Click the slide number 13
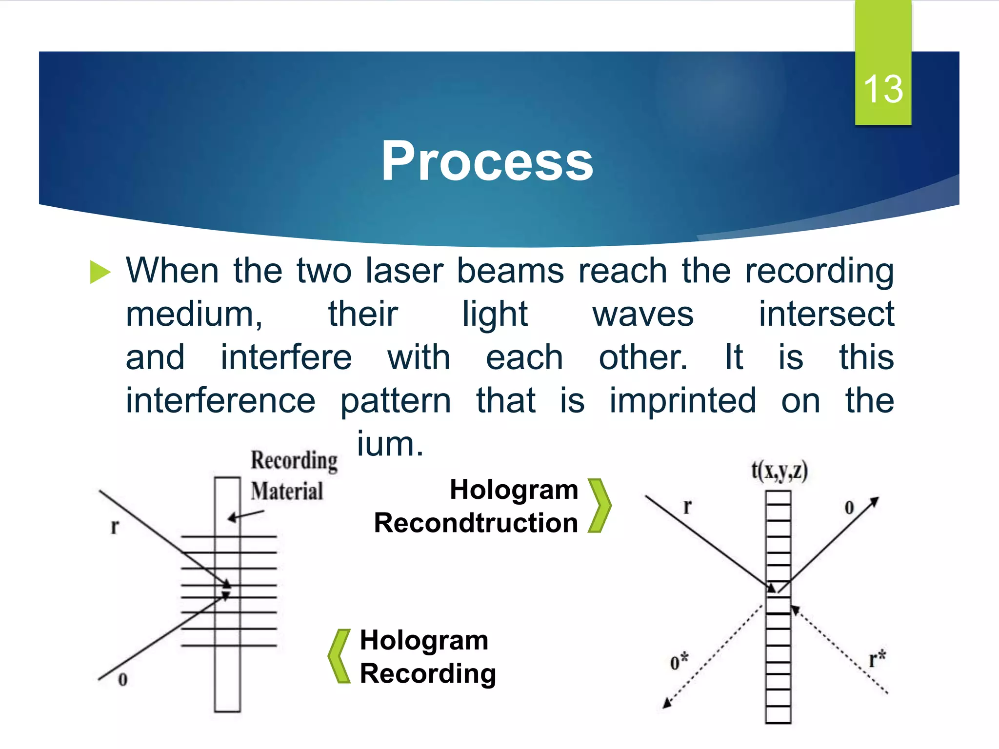(x=883, y=89)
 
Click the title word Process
(x=487, y=161)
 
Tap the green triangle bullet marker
(x=100, y=272)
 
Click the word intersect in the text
(x=826, y=314)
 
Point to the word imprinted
(x=683, y=400)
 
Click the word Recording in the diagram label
(x=294, y=460)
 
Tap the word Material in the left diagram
(x=287, y=491)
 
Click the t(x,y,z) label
(x=779, y=471)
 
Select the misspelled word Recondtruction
(x=476, y=523)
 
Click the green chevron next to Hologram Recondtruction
(x=599, y=506)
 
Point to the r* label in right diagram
(x=877, y=659)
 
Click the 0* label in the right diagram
(x=679, y=662)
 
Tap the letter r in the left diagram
(x=115, y=526)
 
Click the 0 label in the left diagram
(x=123, y=679)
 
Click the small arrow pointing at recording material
(x=245, y=515)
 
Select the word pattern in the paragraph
(x=396, y=400)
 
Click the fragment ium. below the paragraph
(x=390, y=444)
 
